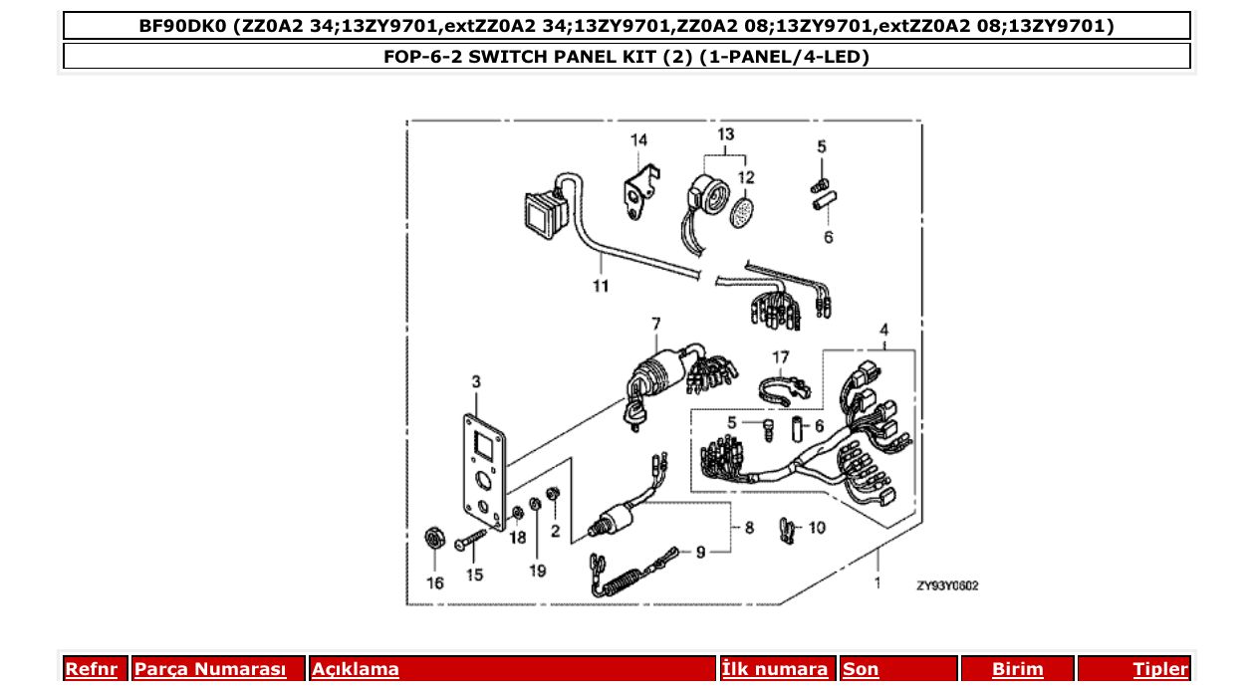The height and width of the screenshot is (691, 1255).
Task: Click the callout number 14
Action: pyautogui.click(x=638, y=140)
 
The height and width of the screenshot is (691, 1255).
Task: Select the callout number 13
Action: pyautogui.click(x=725, y=134)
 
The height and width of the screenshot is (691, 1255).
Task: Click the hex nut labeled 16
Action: pyautogui.click(x=434, y=539)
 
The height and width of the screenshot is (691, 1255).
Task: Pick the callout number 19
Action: pyautogui.click(x=538, y=571)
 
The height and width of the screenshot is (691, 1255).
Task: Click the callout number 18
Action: pyautogui.click(x=518, y=538)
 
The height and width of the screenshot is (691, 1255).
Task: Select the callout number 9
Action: pyautogui.click(x=700, y=552)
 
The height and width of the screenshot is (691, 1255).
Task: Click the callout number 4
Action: pyautogui.click(x=883, y=330)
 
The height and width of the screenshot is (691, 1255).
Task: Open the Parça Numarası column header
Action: pyautogui.click(x=210, y=669)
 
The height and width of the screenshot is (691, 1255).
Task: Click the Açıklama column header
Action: pyautogui.click(x=356, y=669)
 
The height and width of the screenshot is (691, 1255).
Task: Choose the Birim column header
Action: pyautogui.click(x=1017, y=669)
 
